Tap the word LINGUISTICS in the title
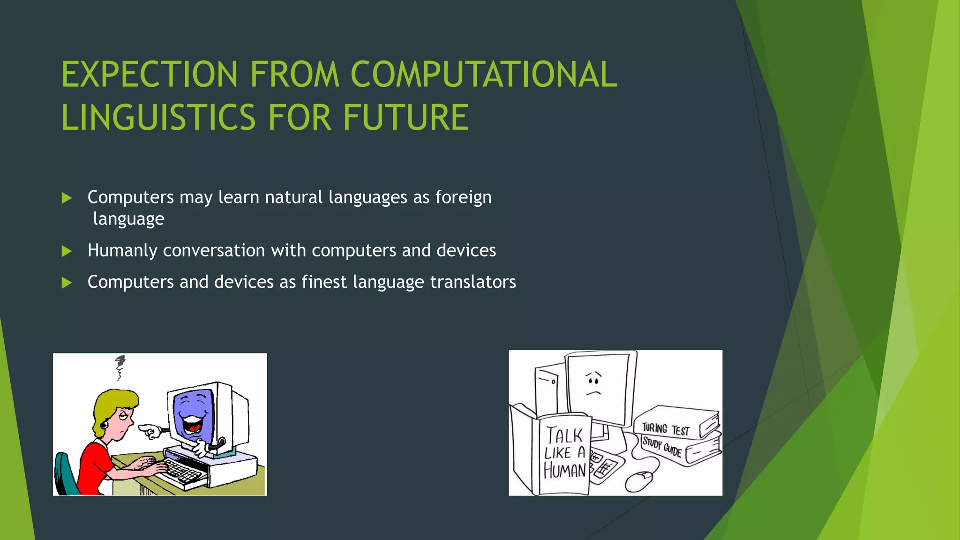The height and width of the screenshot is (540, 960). point(158,117)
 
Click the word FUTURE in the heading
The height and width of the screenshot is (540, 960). point(405,117)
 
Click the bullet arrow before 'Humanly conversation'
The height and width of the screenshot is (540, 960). point(67,251)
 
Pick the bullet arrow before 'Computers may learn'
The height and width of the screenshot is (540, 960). point(67,198)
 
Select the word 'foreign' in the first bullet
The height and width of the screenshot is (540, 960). point(463,197)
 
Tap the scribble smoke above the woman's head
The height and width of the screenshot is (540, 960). point(120,367)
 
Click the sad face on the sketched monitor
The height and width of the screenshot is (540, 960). point(594,382)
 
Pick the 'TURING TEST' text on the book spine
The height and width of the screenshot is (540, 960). point(666,429)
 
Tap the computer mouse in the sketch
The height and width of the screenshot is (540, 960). point(638,481)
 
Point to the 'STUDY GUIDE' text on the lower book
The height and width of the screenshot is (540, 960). point(661,447)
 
